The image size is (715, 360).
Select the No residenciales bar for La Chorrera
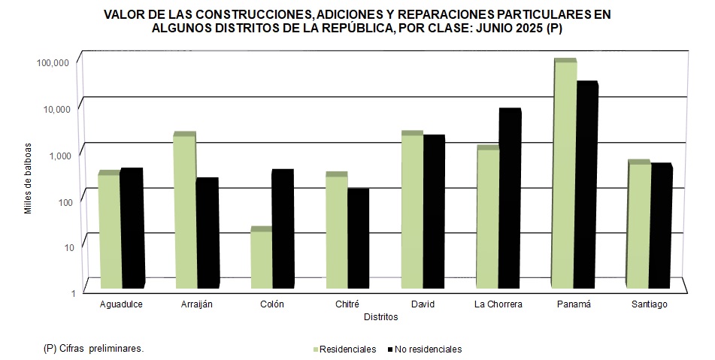coord(509,199)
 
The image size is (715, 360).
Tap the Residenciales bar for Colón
coord(260,259)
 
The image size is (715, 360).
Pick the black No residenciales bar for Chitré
coord(358,239)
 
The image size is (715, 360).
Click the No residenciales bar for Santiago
coord(660,226)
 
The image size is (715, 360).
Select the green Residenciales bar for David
coord(412,211)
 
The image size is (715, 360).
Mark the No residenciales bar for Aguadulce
coord(132,228)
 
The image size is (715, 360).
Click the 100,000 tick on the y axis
coord(53,62)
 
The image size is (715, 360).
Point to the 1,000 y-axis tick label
coord(57,155)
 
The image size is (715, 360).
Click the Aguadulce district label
coord(121,304)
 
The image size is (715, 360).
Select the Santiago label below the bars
coord(649,304)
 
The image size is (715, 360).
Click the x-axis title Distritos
coord(380,317)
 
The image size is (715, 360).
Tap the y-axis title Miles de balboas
coord(28,177)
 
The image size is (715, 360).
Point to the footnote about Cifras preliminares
coord(93,349)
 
